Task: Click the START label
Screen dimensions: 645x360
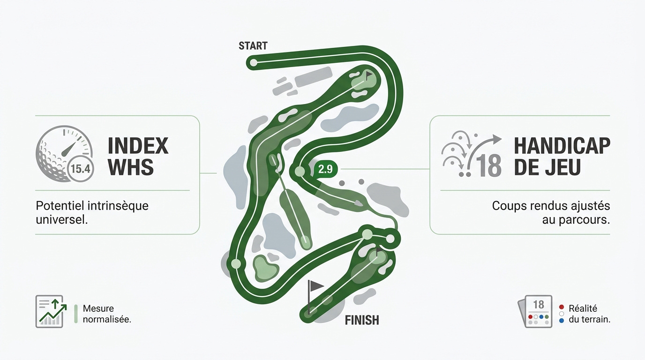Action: (x=253, y=46)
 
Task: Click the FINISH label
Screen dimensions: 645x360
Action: (x=362, y=320)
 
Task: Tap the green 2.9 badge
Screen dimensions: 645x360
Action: (x=325, y=169)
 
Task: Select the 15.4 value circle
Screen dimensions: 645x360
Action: (x=80, y=169)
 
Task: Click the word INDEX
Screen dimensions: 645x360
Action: (x=138, y=146)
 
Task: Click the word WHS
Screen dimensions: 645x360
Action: (x=131, y=167)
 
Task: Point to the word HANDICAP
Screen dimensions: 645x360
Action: (x=562, y=146)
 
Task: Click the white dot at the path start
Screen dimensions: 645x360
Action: (x=254, y=62)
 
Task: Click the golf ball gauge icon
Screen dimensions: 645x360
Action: (x=64, y=153)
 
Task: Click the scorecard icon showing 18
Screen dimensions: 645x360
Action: (x=535, y=311)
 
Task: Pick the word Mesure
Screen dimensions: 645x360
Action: (x=98, y=308)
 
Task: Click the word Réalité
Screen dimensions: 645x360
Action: (x=583, y=308)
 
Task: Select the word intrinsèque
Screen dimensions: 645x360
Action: (x=118, y=206)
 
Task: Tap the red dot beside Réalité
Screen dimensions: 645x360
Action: (x=561, y=307)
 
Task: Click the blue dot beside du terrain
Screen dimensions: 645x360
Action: (x=561, y=321)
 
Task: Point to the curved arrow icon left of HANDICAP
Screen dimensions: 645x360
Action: (x=472, y=154)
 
